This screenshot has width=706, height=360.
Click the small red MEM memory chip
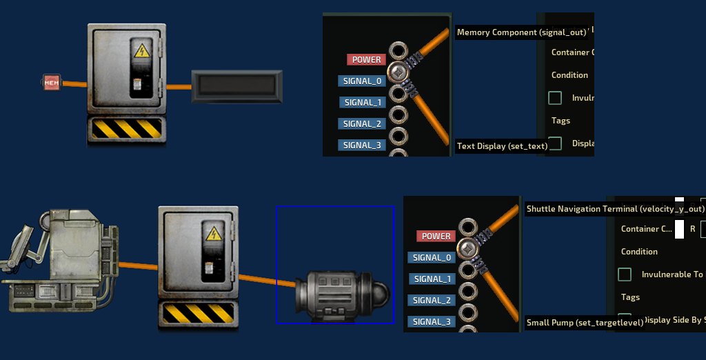52,83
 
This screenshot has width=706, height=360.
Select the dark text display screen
236,86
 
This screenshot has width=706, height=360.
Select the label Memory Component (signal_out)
521,32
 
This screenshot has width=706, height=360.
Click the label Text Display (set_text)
502,146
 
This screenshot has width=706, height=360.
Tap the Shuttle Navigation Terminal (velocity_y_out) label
615,209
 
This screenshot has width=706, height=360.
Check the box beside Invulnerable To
625,274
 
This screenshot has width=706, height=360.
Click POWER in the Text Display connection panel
367,60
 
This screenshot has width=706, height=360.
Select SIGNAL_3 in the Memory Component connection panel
362,146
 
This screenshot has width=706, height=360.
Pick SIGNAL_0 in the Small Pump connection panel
432,257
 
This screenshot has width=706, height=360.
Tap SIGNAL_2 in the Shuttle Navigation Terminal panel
432,300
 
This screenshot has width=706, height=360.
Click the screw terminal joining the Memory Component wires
397,70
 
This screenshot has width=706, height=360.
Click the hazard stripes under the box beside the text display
127,129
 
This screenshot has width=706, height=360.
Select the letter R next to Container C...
693,228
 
